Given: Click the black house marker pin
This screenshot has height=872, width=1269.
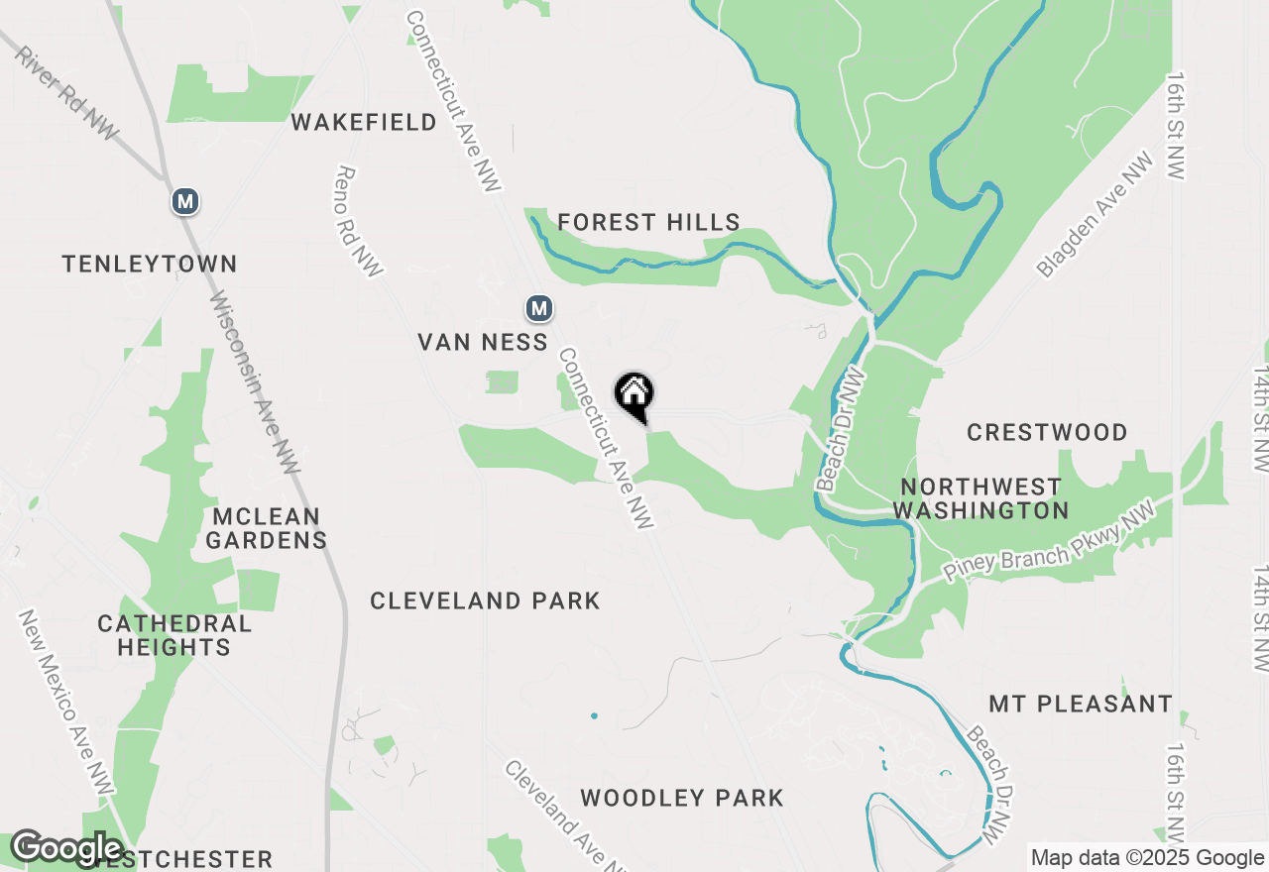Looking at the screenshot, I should [x=634, y=396].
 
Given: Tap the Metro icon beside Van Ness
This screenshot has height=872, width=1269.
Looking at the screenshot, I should [x=538, y=309].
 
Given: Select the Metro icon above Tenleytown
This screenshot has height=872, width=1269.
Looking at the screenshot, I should [x=184, y=202].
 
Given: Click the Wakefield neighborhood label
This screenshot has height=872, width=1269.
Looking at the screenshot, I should [x=364, y=122].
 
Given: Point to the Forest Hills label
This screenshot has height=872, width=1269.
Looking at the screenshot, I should [x=648, y=222].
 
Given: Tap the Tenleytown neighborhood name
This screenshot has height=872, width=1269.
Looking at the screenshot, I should [x=150, y=264].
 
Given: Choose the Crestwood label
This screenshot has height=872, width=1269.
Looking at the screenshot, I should [x=1047, y=432].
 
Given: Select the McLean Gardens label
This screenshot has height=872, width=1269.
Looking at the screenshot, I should [x=266, y=528].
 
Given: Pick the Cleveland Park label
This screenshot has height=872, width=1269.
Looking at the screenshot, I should [x=485, y=600].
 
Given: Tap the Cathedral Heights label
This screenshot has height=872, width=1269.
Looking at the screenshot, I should [x=174, y=635].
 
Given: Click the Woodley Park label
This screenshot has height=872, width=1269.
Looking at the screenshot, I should [x=682, y=798].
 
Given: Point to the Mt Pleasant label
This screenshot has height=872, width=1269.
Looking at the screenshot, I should [x=1081, y=704].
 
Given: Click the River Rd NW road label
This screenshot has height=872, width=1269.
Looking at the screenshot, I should [x=65, y=92].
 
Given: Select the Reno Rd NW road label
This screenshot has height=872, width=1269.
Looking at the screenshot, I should [x=360, y=220].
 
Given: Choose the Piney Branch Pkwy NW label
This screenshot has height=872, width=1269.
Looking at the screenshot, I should [x=1049, y=555].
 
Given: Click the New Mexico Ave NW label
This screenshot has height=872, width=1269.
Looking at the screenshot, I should [x=66, y=702].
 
